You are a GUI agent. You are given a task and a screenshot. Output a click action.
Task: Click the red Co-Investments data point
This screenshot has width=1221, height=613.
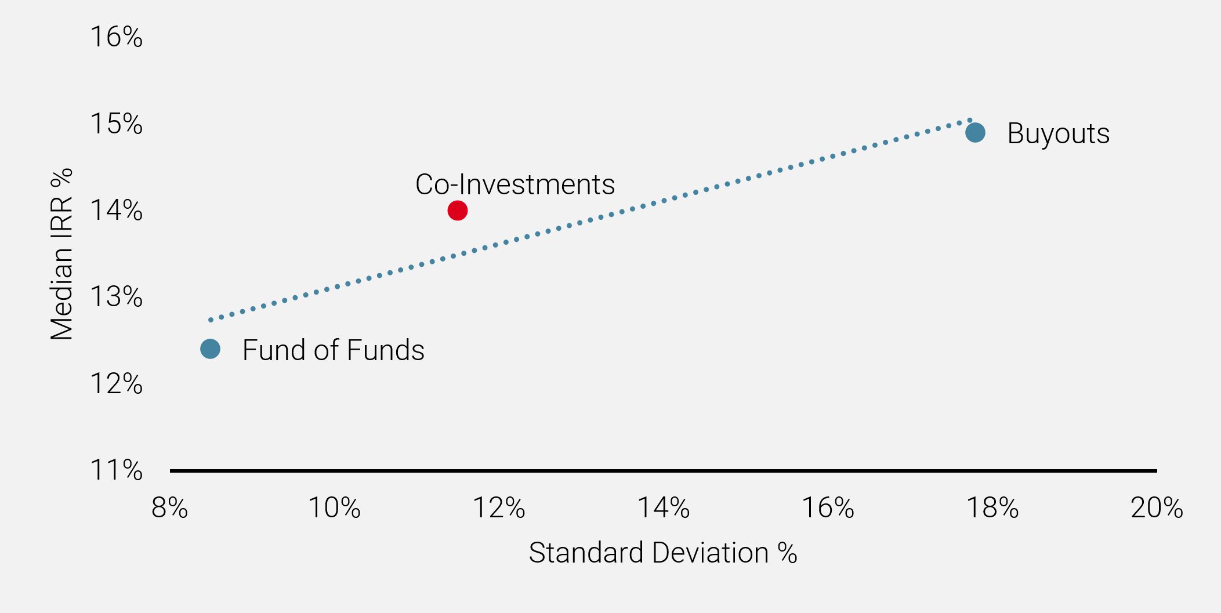(x=458, y=211)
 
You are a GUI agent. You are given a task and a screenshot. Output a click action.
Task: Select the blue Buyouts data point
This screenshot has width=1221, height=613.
(x=975, y=133)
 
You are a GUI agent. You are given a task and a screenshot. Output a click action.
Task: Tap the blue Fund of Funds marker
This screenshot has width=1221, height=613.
(x=210, y=349)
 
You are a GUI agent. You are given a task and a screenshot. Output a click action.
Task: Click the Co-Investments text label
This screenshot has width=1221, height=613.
(x=515, y=184)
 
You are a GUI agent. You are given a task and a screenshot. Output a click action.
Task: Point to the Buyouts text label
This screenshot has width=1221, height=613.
(x=1059, y=134)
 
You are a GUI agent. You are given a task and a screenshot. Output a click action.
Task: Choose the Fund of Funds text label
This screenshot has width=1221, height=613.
(x=334, y=350)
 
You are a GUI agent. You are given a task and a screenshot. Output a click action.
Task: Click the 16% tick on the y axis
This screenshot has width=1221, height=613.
(x=116, y=37)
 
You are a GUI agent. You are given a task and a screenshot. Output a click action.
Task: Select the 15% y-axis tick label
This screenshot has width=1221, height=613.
(x=116, y=124)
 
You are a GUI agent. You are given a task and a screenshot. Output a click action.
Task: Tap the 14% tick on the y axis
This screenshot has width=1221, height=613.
(x=116, y=211)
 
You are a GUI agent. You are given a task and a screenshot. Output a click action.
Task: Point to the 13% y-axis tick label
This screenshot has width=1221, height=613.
(x=116, y=297)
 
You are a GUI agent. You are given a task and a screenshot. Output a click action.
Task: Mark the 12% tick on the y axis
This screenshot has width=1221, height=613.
(x=116, y=384)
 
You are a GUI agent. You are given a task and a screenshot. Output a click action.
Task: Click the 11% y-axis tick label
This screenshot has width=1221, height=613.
(x=116, y=470)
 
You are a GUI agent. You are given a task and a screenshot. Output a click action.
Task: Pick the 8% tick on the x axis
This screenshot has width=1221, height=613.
(x=169, y=508)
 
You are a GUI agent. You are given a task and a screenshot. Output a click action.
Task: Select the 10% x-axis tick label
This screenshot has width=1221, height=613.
(x=334, y=508)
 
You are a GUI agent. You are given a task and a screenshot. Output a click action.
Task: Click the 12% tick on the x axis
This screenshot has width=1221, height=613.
(x=499, y=508)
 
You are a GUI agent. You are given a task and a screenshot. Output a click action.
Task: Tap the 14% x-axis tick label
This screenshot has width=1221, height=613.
(x=664, y=508)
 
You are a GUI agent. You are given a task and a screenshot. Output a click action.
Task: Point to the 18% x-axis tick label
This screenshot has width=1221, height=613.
(x=992, y=508)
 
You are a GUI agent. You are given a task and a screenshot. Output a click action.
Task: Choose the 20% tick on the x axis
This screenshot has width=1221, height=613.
(x=1157, y=508)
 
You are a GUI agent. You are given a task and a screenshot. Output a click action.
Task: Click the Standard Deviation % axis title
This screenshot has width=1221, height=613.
(x=663, y=553)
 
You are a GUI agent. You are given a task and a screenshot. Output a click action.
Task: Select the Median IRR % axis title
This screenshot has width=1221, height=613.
(x=61, y=254)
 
